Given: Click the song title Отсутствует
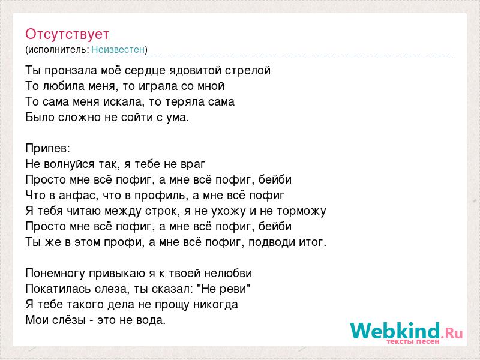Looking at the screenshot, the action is coord(67,34).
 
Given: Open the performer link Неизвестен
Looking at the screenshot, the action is coord(118,49).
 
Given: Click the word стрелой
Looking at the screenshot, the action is coord(248,71).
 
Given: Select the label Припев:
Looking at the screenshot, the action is coord(48,149).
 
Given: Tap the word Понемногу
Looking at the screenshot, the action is coord(55,274).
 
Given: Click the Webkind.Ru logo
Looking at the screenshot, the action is coord(406,332).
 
